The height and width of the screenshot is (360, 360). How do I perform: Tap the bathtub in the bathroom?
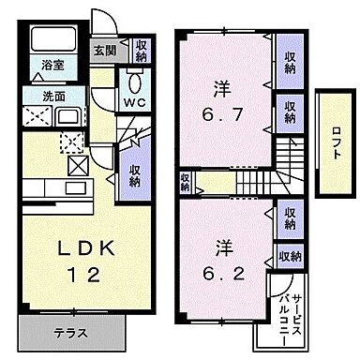[52, 41]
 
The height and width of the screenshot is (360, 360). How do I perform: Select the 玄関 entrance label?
[102, 51]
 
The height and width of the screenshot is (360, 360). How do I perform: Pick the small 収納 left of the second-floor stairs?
[185, 182]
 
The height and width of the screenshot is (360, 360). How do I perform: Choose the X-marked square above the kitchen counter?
[78, 167]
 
